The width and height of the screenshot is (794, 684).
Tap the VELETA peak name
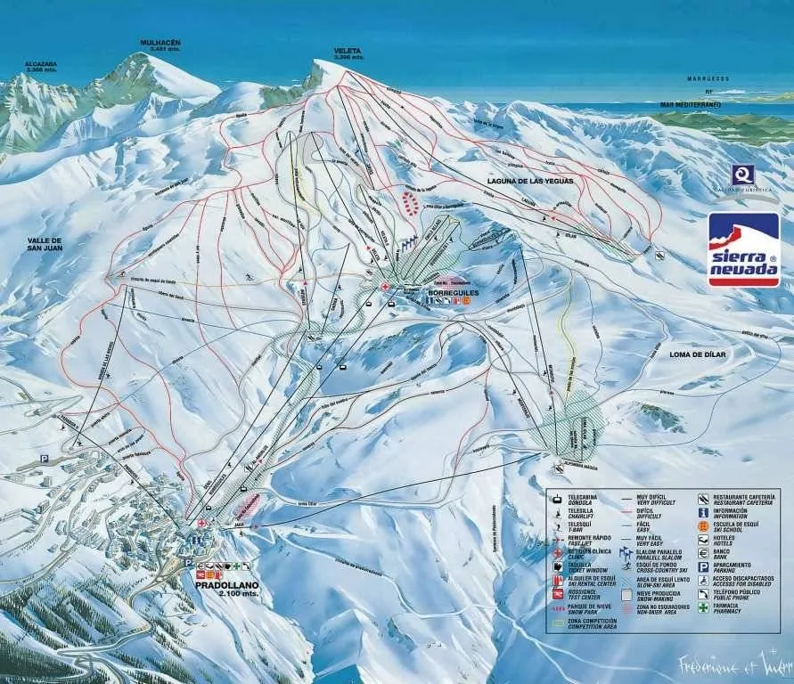pyautogui.click(x=348, y=52)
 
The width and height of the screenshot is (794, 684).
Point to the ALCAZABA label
pyautogui.click(x=41, y=65)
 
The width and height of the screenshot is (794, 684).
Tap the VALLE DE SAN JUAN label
pyautogui.click(x=44, y=246)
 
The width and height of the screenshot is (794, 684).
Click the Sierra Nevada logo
pyautogui.click(x=743, y=250)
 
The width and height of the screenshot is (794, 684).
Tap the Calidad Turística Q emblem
pyautogui.click(x=742, y=175)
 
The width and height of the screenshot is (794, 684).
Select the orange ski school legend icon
pyautogui.click(x=703, y=525)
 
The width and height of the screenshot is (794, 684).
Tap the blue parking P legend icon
pyautogui.click(x=703, y=566)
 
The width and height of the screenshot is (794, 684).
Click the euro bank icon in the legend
pyautogui.click(x=703, y=552)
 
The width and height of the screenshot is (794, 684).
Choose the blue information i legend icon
pyautogui.click(x=703, y=512)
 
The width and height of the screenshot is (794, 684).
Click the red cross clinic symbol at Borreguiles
pyautogui.click(x=384, y=286)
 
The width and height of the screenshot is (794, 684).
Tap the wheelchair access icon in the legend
pyautogui.click(x=703, y=579)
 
